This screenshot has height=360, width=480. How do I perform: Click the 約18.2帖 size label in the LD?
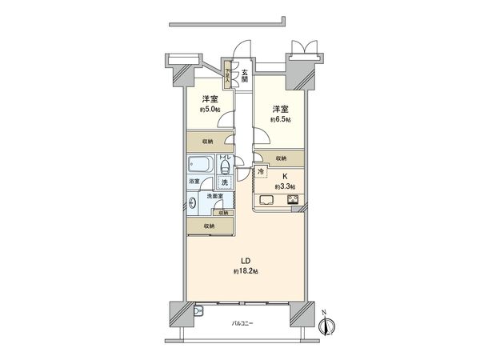[x=246, y=271]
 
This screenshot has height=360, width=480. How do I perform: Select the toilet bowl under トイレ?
[x=226, y=170]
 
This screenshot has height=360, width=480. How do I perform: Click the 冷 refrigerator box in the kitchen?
[x=262, y=172]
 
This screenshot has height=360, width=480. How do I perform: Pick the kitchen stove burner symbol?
[x=293, y=199]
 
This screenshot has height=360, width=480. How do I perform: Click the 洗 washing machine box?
[x=226, y=183]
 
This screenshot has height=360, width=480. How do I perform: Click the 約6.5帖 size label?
[x=282, y=119]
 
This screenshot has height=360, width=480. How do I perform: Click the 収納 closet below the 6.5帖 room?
[x=281, y=158]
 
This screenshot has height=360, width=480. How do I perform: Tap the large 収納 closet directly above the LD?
[x=209, y=226]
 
